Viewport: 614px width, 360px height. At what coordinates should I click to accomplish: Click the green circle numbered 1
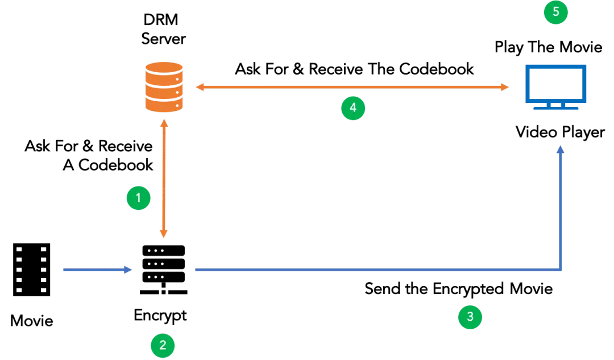(138, 198)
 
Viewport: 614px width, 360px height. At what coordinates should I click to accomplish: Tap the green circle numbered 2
(163, 344)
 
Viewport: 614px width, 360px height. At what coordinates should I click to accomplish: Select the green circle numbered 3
(470, 317)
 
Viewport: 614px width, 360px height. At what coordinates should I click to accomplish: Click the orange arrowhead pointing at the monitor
(504, 88)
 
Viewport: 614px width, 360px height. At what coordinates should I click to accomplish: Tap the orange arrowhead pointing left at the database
(200, 88)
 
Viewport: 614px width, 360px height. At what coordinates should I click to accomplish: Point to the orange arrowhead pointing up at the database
(165, 123)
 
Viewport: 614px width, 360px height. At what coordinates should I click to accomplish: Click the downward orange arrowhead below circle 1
(165, 233)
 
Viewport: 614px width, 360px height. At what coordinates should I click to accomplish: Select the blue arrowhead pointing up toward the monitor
(562, 151)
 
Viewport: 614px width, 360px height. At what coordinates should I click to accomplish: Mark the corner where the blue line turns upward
(562, 271)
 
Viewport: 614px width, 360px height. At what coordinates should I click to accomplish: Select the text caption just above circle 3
(458, 289)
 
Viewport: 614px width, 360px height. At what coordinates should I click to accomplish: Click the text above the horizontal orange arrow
(354, 72)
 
